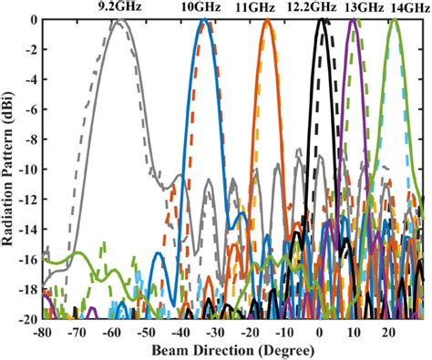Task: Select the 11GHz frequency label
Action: point(267,7)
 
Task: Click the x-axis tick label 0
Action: point(322,332)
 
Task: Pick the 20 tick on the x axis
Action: point(389,332)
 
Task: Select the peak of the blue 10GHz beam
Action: point(206,20)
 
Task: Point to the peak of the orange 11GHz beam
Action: point(268,20)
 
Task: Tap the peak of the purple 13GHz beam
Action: point(355,20)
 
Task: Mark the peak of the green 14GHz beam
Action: point(394,20)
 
